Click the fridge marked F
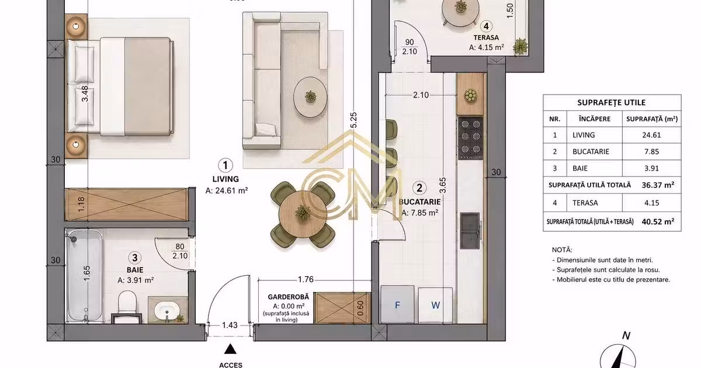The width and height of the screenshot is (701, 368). (x=397, y=304)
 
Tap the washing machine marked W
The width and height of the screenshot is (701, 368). (x=435, y=305)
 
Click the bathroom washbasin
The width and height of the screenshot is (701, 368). (x=167, y=310)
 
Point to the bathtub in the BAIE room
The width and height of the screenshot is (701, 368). (x=85, y=275)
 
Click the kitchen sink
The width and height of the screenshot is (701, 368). (x=470, y=231)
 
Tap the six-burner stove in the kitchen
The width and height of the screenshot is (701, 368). (x=470, y=137)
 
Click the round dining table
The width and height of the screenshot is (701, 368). (x=303, y=214)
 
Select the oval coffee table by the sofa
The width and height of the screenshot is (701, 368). (x=310, y=97)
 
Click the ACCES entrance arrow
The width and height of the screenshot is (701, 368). (x=230, y=349)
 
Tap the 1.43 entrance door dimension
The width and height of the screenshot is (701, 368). (x=230, y=325)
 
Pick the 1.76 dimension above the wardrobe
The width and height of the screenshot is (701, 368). (x=306, y=279)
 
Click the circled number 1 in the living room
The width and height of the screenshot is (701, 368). (x=225, y=165)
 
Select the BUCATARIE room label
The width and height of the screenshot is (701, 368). (x=420, y=202)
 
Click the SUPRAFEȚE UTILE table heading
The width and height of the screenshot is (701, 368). (x=611, y=103)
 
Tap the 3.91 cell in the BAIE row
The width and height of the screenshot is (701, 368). (x=651, y=168)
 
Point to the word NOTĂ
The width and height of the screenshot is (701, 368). (x=562, y=250)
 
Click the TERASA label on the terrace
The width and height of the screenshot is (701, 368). (x=486, y=37)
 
